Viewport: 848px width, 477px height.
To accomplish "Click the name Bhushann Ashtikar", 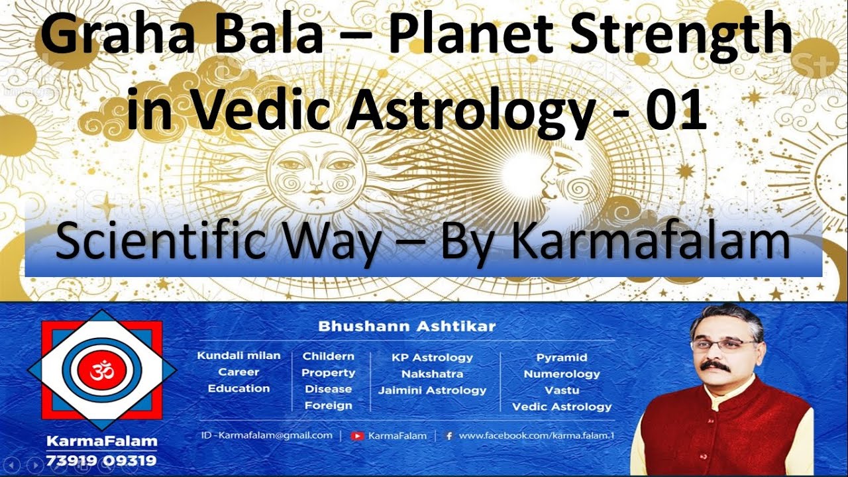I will tap(407, 326).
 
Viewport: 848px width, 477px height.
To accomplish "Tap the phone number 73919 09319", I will tap(101, 460).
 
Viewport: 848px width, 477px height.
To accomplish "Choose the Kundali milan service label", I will tap(238, 356).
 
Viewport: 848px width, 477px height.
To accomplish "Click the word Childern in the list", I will tap(329, 356).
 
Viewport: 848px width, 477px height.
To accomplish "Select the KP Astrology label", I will tap(432, 357).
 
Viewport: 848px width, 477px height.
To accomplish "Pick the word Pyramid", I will tap(562, 357).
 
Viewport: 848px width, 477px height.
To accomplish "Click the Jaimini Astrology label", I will tap(432, 390).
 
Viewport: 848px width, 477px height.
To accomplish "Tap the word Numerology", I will tap(562, 374).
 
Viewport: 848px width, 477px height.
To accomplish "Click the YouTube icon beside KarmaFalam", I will tap(358, 436).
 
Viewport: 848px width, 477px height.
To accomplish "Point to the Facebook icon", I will tap(449, 436).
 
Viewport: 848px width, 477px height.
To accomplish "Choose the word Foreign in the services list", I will tap(329, 405).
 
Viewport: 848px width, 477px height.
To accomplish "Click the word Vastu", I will tap(562, 390).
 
